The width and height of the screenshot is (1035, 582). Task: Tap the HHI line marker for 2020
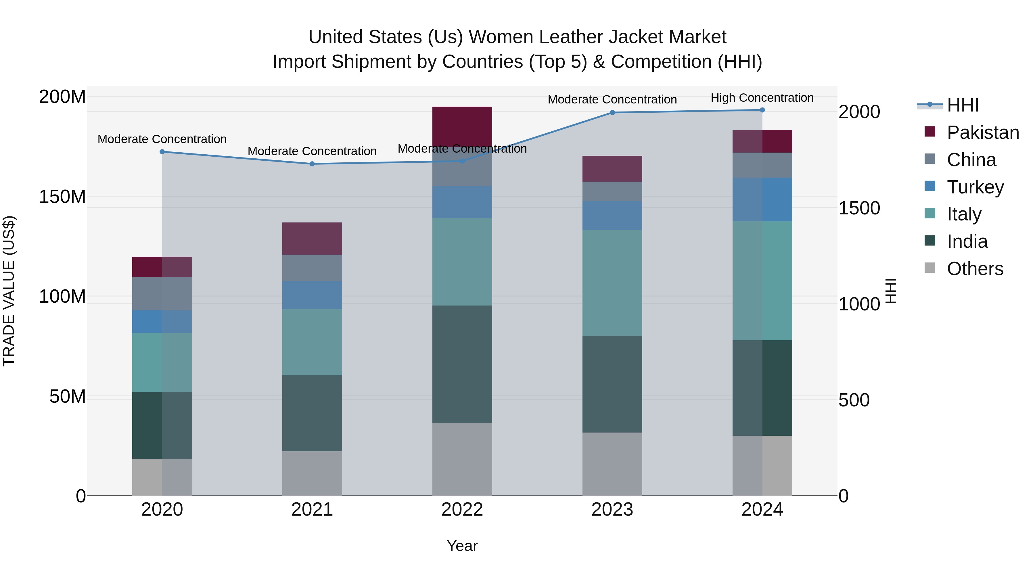162,152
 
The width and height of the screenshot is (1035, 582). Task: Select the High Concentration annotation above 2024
762,98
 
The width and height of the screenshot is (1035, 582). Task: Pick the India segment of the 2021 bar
312,413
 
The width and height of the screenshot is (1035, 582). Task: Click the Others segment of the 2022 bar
462,459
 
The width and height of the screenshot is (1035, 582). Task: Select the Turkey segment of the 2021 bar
312,295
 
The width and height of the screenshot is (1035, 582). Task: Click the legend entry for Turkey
975,187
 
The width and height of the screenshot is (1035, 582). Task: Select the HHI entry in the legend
963,105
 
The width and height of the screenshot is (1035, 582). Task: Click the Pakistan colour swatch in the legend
930,132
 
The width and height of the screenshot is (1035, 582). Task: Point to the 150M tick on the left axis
62,197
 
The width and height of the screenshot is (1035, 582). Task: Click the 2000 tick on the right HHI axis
859,112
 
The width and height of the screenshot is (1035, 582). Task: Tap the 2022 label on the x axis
462,510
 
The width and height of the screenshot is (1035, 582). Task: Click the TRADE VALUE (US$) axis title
9,291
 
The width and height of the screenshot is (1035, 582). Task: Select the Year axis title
462,546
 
